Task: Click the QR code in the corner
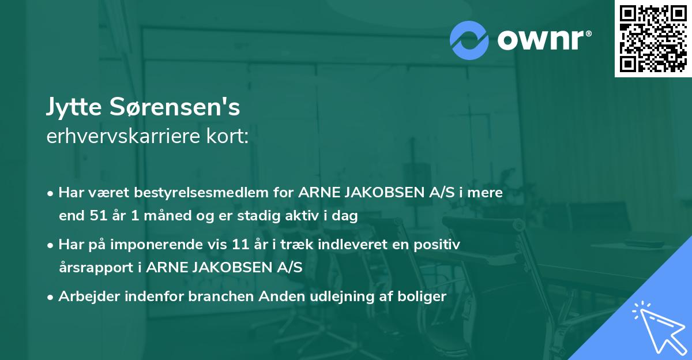click(653, 39)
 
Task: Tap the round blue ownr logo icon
click(469, 40)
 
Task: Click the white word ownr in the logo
click(541, 40)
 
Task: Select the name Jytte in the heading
click(73, 107)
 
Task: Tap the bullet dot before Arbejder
click(51, 297)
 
